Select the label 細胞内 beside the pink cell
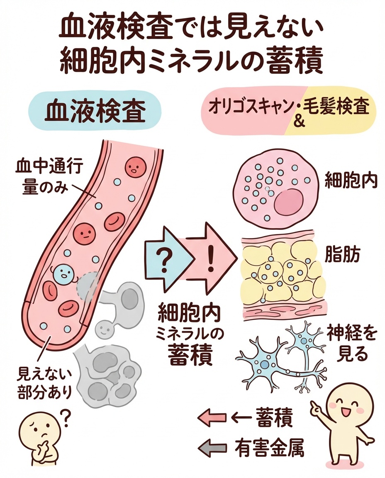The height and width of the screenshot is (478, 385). click(x=350, y=181)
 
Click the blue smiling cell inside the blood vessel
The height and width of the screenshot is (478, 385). click(x=63, y=273)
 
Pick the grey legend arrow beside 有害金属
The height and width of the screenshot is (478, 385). click(x=213, y=448)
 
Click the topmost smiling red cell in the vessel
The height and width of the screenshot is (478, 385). click(x=135, y=167)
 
